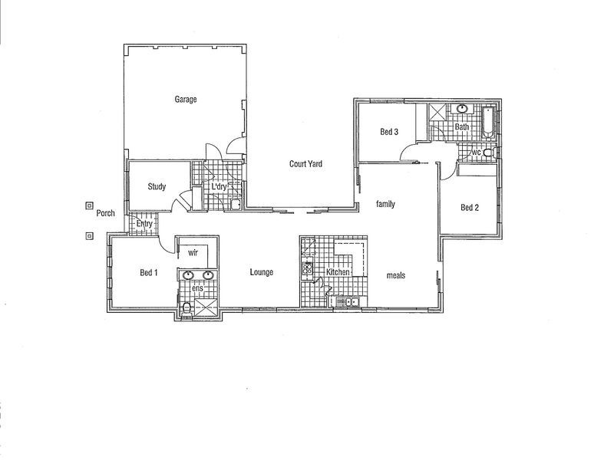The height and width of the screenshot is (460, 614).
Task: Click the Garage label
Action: [186, 100]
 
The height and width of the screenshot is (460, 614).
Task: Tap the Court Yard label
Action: [305, 163]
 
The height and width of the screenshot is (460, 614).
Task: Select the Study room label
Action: [157, 186]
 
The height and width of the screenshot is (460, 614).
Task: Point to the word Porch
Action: [106, 214]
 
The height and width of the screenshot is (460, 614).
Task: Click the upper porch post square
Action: [90, 206]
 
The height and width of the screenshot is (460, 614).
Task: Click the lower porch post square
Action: [90, 235]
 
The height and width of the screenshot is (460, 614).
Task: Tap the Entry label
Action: [144, 224]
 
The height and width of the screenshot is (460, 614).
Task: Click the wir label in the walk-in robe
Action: [193, 251]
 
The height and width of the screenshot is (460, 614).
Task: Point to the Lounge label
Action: [261, 273]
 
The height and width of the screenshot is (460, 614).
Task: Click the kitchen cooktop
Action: [309, 269]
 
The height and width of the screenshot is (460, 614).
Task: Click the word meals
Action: [396, 275]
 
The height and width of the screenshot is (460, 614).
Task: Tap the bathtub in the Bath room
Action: [488, 123]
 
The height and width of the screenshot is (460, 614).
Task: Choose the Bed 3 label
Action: [389, 132]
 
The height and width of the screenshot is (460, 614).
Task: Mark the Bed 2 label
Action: [470, 207]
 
